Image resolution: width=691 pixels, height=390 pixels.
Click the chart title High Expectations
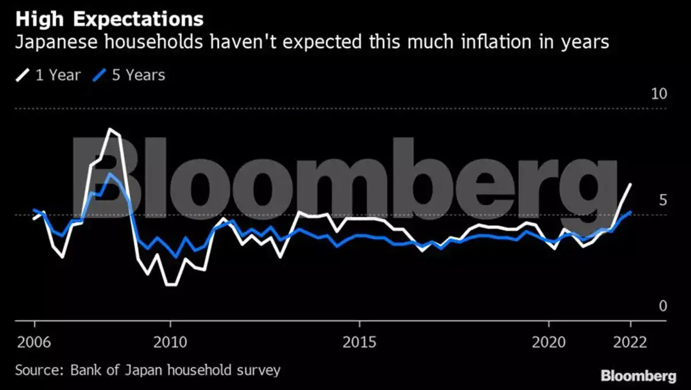pyautogui.click(x=109, y=19)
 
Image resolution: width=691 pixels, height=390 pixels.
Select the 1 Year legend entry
pyautogui.click(x=48, y=75)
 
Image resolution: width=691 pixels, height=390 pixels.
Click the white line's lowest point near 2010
pyautogui.click(x=170, y=285)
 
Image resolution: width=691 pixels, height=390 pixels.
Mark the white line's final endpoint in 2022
pyautogui.click(x=631, y=184)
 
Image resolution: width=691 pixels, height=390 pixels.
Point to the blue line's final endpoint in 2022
pyautogui.click(x=631, y=212)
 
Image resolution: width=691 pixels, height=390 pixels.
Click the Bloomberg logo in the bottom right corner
pyautogui.click(x=638, y=376)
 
